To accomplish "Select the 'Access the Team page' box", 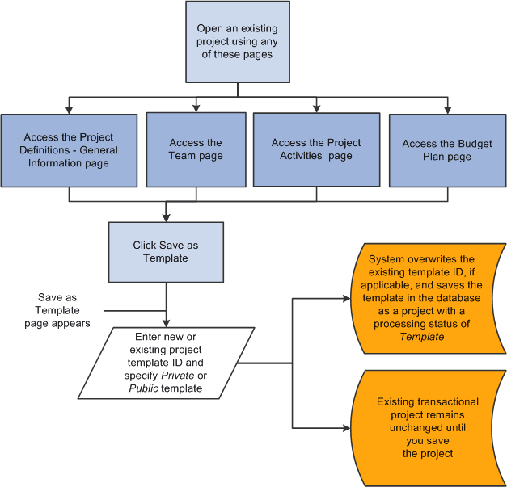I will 196,149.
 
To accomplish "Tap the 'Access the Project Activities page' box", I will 316,149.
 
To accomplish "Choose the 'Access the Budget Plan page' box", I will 447,150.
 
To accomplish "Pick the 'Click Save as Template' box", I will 165,252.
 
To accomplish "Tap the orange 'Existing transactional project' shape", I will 427,427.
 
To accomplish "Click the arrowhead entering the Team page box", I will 196,107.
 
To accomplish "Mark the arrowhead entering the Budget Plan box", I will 447,109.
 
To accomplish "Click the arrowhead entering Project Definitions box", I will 70,109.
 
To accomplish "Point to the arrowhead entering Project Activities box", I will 316,107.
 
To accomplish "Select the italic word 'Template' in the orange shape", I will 421,336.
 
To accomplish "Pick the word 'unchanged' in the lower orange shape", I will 427,427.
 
